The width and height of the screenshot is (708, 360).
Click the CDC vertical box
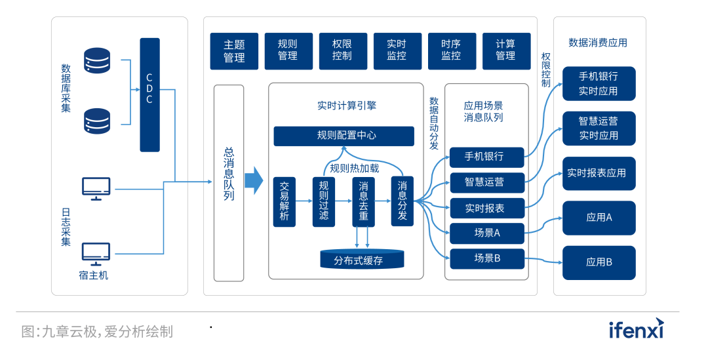pos(149,95)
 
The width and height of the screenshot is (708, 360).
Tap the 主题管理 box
pos(234,51)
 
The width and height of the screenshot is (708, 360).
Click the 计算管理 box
pos(506,51)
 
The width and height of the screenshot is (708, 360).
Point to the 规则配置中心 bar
pos(344,136)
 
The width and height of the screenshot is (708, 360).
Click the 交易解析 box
pos(285,202)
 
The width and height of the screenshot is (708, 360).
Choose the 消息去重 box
pos(363,202)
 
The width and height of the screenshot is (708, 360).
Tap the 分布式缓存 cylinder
pos(362,259)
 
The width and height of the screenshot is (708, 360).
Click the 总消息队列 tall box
pos(229,183)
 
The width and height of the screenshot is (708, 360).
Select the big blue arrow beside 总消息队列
pos(254,181)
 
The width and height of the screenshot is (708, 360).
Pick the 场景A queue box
pos(486,233)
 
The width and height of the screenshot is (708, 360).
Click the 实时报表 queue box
pos(486,209)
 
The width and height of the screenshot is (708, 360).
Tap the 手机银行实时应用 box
pos(599,83)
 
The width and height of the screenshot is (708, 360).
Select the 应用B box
pos(599,263)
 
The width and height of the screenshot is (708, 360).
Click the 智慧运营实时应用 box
pos(599,129)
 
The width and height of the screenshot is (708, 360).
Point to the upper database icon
pos(97,60)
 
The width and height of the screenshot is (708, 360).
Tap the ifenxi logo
pos(636,329)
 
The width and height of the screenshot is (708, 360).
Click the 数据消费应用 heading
pos(598,43)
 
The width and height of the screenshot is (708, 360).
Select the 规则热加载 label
pos(355,169)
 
